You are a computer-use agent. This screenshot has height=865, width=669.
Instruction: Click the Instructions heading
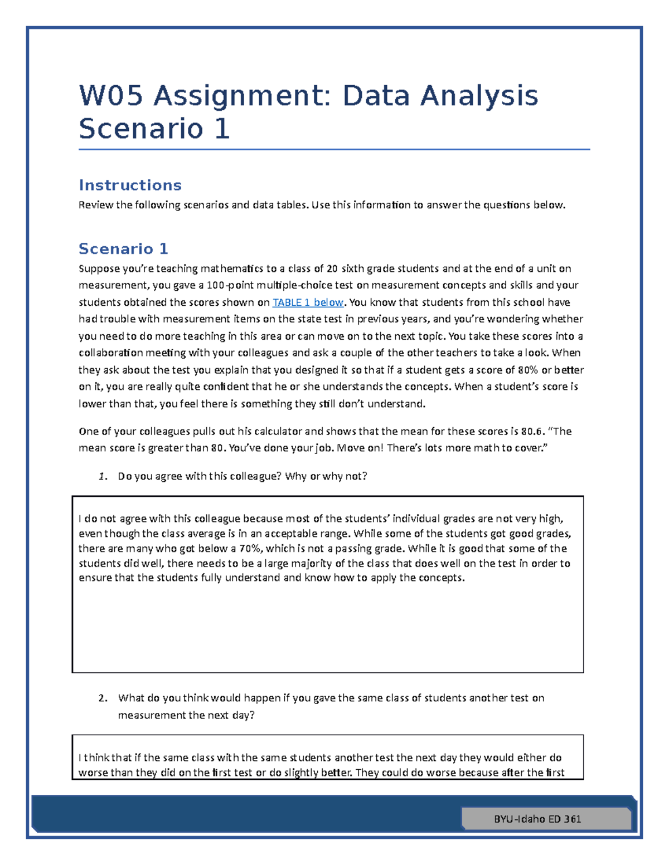click(130, 185)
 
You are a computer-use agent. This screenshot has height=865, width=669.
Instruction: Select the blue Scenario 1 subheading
click(123, 248)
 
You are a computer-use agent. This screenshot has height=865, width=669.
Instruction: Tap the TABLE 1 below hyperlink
click(308, 302)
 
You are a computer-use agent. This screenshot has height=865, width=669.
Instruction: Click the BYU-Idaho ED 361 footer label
click(537, 819)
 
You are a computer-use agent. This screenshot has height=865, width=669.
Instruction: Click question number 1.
click(102, 476)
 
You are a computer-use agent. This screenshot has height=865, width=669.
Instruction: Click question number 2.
click(102, 698)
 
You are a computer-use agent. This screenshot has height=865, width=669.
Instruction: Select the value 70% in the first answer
click(250, 549)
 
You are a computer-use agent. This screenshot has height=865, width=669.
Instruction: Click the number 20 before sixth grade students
click(332, 268)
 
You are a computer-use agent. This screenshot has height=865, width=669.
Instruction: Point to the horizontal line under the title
click(334, 149)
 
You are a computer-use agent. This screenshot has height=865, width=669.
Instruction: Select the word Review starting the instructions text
click(96, 205)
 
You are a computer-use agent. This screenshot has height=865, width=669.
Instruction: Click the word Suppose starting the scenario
click(99, 268)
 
